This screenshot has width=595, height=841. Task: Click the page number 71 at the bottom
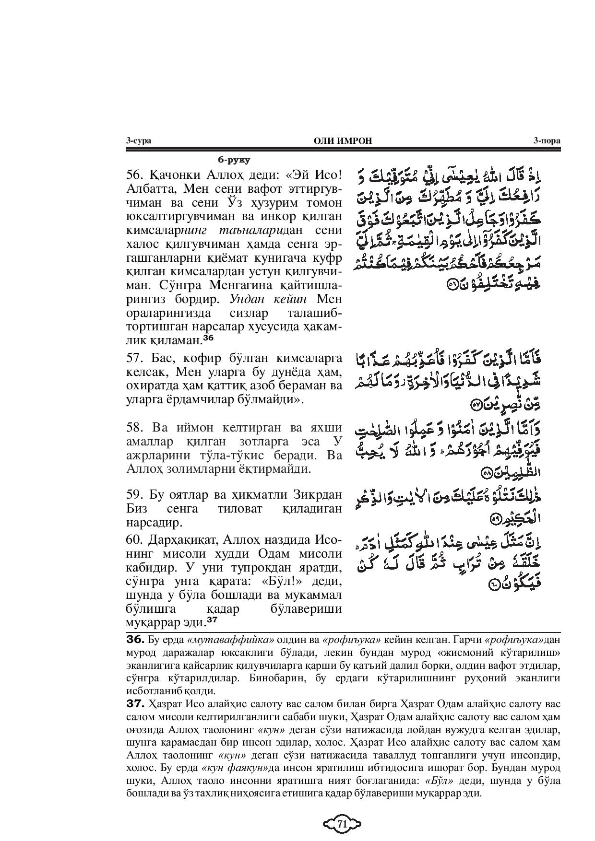[342, 824]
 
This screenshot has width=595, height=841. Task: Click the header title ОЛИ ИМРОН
[342, 140]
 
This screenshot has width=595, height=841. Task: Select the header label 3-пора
[547, 140]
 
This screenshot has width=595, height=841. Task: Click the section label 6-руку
[234, 160]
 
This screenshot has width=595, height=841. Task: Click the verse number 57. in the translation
[136, 358]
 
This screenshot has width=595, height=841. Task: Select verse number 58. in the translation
[136, 427]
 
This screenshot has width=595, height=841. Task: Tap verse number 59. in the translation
[136, 494]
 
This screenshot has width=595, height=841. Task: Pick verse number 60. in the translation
[136, 539]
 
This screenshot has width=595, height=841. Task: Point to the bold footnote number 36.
[135, 639]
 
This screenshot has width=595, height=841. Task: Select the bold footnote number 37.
[135, 704]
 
